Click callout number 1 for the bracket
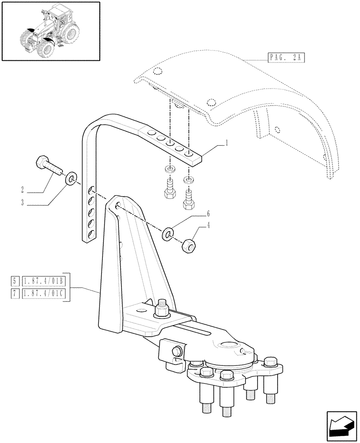pyautogui.click(x=227, y=143)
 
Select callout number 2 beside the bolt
pyautogui.click(x=22, y=190)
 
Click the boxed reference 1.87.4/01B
pyautogui.click(x=43, y=281)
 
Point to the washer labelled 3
pyautogui.click(x=70, y=180)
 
